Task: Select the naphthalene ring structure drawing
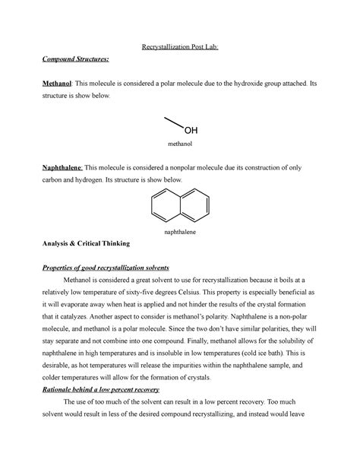point(180,203)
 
